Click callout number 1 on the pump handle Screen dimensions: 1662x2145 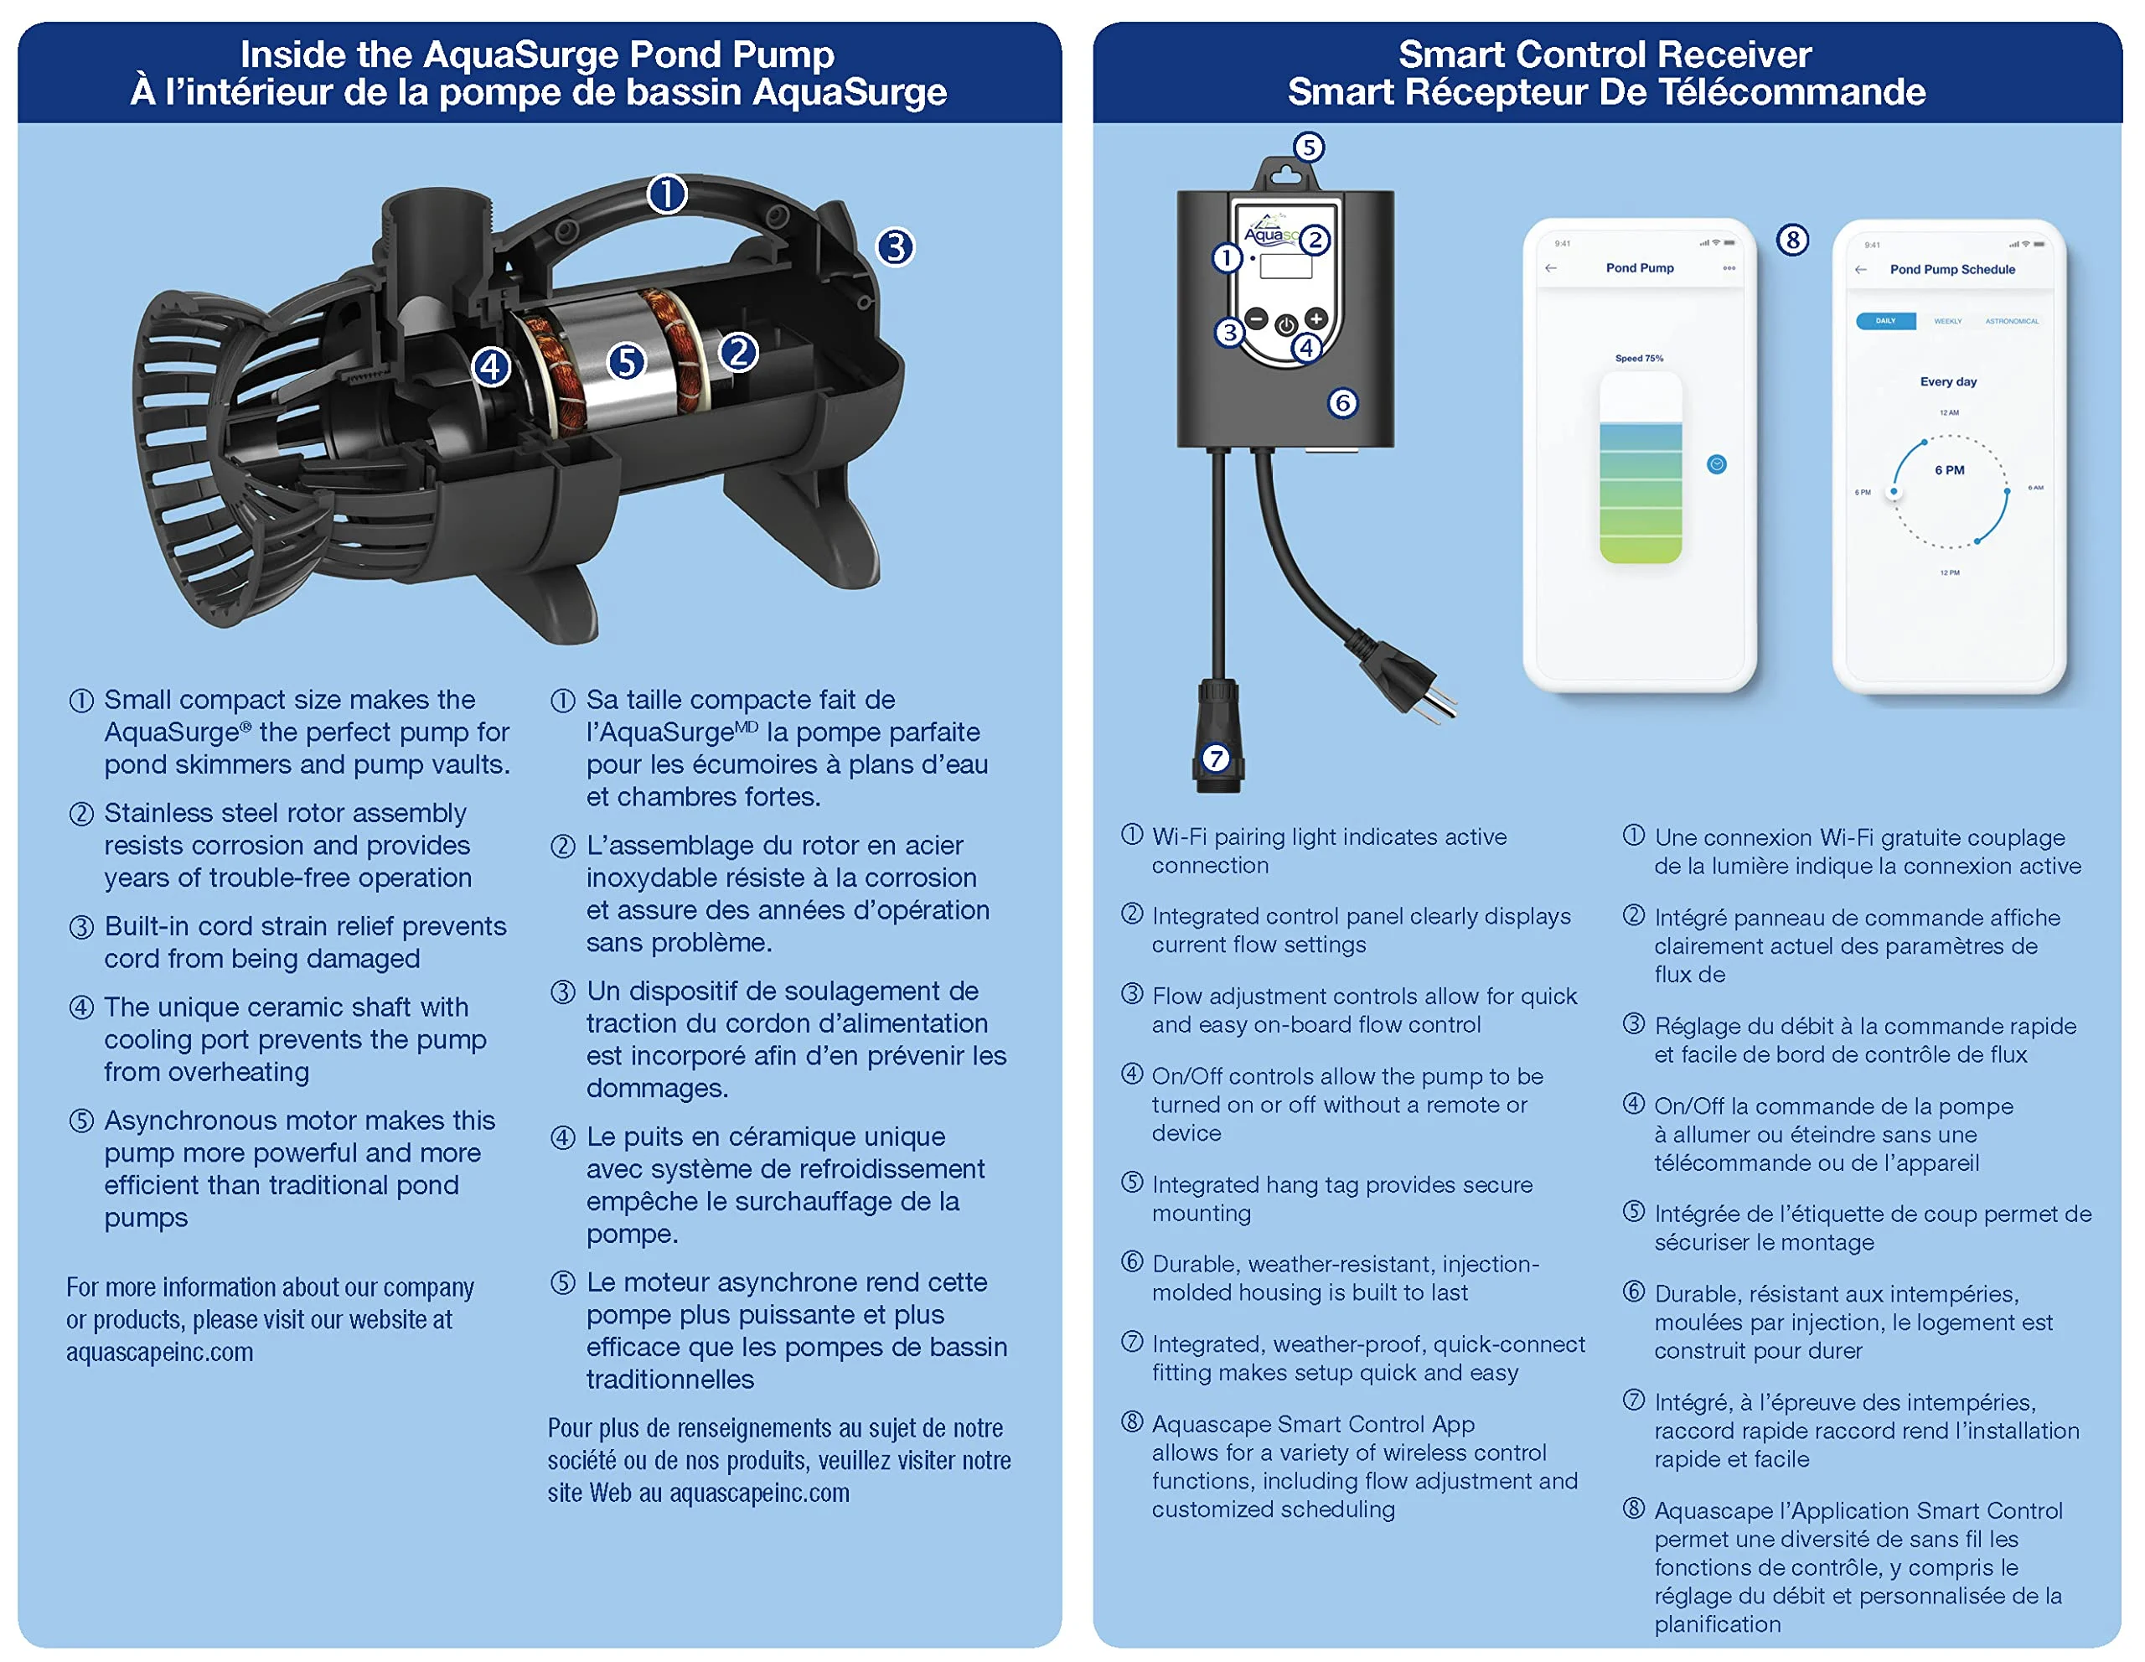click(667, 194)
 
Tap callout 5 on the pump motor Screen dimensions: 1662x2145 click(627, 361)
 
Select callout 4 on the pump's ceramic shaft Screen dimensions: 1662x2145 click(491, 367)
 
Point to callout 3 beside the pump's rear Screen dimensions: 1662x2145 click(895, 246)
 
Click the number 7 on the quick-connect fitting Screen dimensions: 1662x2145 click(1216, 759)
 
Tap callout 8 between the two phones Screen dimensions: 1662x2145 click(1792, 240)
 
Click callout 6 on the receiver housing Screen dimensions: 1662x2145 click(1342, 403)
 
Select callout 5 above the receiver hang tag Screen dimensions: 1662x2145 click(1308, 148)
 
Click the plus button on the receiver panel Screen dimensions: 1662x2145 click(1316, 318)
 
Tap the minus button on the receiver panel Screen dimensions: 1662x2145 click(1256, 318)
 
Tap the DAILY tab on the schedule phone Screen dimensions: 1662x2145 click(1884, 321)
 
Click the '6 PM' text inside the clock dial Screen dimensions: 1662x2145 click(1949, 470)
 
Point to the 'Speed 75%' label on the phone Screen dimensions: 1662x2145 click(1638, 359)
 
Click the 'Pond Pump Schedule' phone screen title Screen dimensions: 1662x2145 click(1951, 269)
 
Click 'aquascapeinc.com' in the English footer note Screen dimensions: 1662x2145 click(159, 1353)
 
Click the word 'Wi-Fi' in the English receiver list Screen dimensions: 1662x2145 click(1180, 837)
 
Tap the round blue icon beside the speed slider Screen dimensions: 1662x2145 click(1716, 464)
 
